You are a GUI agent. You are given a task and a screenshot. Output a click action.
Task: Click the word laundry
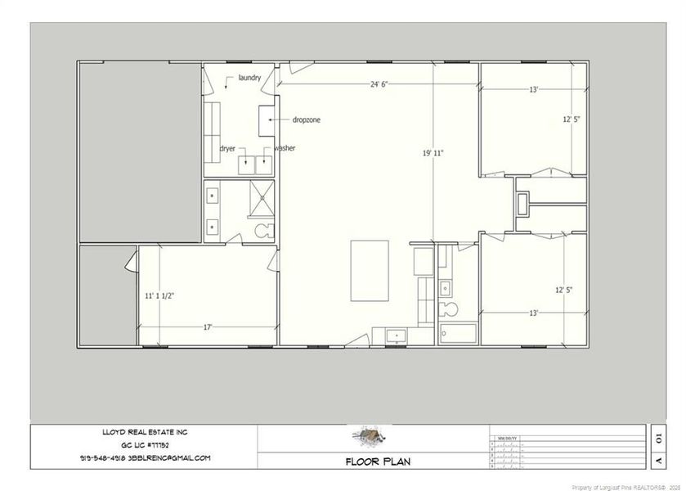tap(249, 78)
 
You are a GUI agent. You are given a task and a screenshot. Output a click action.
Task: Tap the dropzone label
tap(307, 119)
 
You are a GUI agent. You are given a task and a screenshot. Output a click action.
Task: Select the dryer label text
tap(227, 148)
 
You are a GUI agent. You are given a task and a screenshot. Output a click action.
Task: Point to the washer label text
tap(285, 148)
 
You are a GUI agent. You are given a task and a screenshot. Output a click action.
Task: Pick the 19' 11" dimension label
tap(433, 153)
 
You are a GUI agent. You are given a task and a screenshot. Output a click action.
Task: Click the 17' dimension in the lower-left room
tap(208, 327)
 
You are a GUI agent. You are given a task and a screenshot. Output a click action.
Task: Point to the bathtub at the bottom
tap(457, 334)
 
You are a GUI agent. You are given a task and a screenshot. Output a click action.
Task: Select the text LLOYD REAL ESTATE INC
tap(143, 431)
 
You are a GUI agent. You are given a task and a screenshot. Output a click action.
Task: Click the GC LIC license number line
tap(143, 444)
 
